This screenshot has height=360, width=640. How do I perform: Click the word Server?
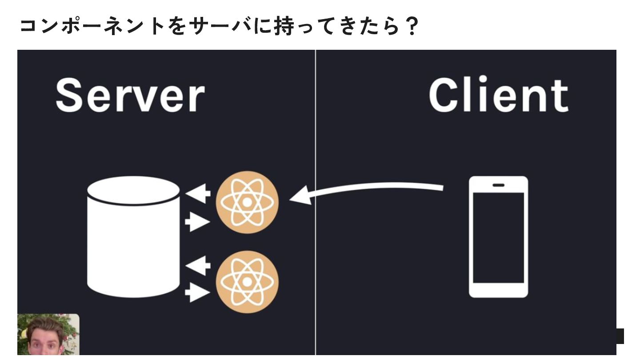tap(130, 96)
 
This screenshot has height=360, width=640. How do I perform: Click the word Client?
tap(498, 96)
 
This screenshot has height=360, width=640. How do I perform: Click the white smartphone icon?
tap(498, 236)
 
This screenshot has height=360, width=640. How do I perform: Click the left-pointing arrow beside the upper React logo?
tap(198, 194)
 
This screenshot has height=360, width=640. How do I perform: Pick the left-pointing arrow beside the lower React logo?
tap(198, 266)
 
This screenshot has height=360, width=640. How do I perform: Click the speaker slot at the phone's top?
tap(498, 185)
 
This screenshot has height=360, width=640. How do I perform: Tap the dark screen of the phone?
tap(498, 238)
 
